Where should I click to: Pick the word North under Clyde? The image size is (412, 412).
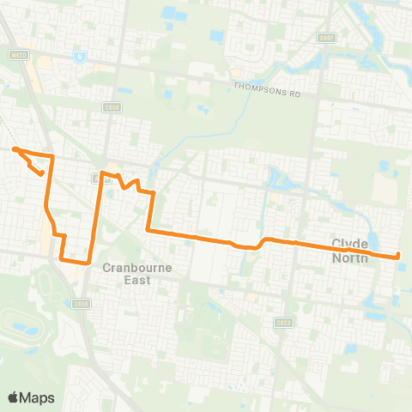(351, 257)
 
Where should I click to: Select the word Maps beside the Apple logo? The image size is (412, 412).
(38, 397)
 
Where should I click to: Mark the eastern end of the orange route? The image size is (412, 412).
(399, 256)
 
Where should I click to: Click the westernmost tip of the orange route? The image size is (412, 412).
(14, 149)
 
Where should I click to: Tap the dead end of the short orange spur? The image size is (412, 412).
(42, 173)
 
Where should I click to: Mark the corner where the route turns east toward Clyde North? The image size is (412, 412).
(148, 230)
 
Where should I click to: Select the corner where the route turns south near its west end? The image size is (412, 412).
(52, 157)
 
